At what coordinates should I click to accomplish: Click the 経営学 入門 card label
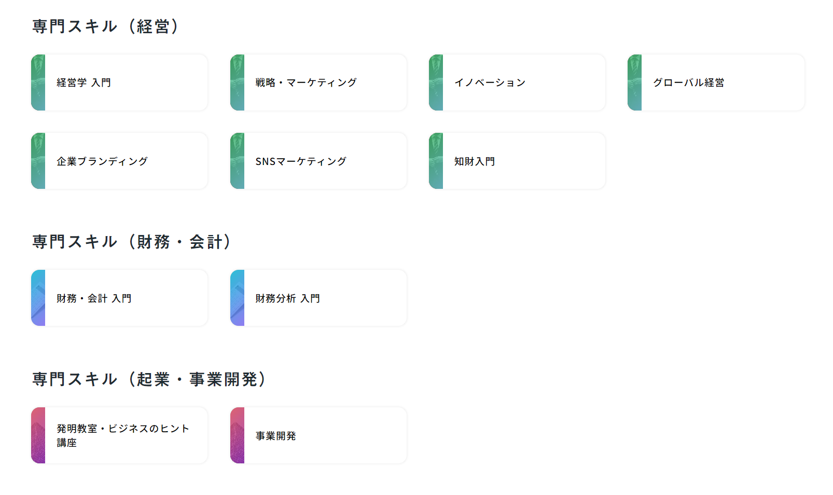tap(84, 82)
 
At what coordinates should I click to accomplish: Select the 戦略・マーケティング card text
tap(306, 82)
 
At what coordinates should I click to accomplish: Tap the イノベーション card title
tap(490, 82)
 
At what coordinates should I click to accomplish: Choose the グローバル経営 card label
tap(688, 82)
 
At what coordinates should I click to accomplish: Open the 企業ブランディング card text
tap(102, 161)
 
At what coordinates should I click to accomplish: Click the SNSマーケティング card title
tap(301, 161)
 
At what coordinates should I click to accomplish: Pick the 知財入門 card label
tap(474, 161)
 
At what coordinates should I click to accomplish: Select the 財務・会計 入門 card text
tap(94, 298)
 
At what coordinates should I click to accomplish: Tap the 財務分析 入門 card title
tap(287, 298)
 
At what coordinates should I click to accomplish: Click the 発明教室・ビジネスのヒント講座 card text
tap(122, 435)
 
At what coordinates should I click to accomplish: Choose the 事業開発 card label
tap(275, 436)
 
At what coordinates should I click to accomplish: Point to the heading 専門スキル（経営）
tap(105, 26)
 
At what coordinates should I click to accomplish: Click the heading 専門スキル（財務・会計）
tap(131, 242)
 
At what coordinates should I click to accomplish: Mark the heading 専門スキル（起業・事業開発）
tap(149, 379)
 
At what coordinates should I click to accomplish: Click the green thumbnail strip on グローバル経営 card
tap(634, 82)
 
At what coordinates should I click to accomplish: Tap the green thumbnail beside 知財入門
tap(436, 161)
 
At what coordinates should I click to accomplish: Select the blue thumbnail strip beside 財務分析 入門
tap(237, 298)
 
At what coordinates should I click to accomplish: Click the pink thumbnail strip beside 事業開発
tap(237, 435)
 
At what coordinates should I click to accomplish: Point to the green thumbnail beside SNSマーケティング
tap(237, 161)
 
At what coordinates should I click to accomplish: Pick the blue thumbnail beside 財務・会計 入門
tap(38, 298)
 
